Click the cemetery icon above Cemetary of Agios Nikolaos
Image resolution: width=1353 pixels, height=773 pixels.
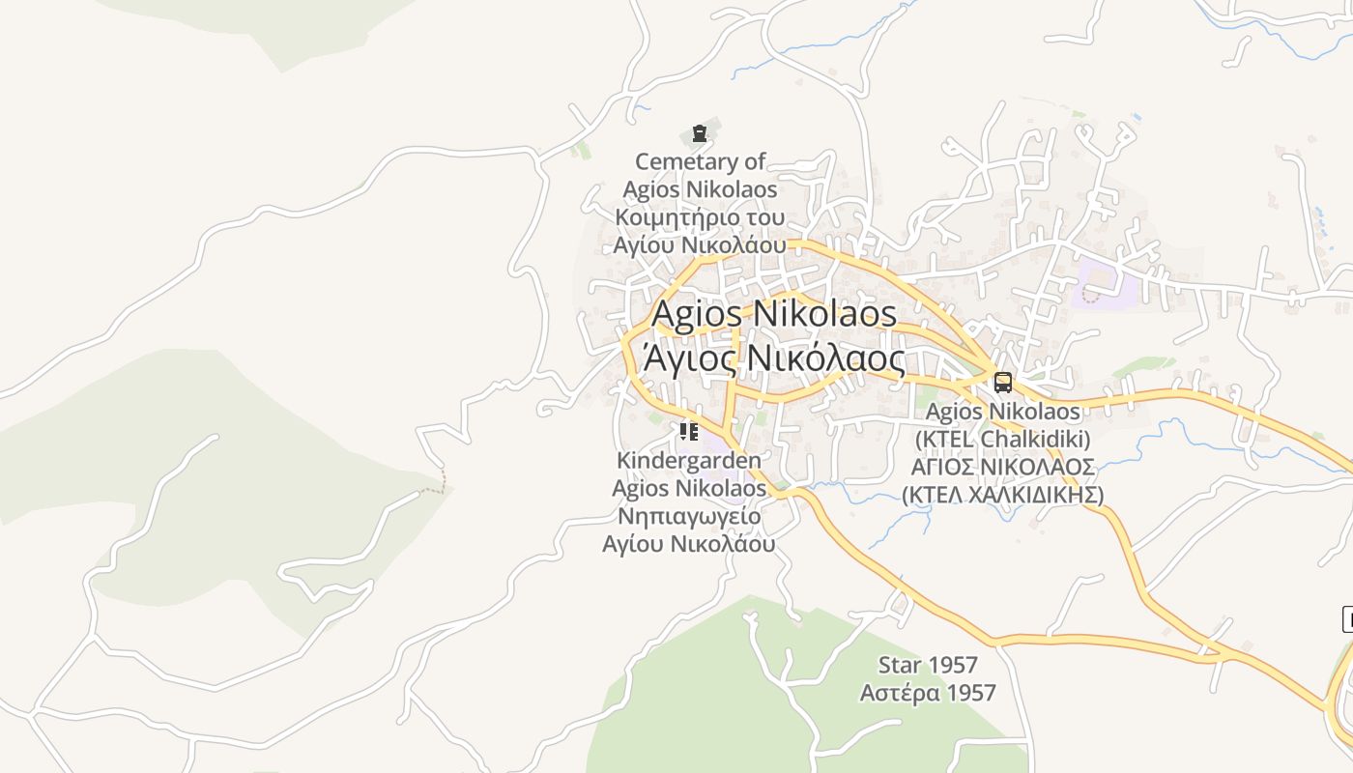(699, 133)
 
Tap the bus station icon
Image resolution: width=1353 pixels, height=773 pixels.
(1003, 382)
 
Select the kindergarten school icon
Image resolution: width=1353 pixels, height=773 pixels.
(688, 431)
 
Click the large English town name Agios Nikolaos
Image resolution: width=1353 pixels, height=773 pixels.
(774, 314)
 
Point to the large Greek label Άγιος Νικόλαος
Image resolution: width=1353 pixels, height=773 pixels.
(778, 359)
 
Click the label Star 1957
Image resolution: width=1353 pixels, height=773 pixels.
(928, 665)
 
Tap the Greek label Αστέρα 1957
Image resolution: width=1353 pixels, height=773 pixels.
(928, 693)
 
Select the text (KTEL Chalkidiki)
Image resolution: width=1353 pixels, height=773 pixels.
(1003, 439)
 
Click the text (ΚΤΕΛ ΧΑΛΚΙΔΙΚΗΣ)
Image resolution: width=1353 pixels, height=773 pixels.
(1003, 495)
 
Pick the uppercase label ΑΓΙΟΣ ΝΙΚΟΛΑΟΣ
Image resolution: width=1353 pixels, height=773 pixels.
(1003, 468)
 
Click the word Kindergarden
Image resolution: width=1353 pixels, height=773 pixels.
(689, 461)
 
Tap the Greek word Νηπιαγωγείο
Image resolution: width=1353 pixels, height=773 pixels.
(689, 516)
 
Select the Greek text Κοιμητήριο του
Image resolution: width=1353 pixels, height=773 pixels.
(701, 216)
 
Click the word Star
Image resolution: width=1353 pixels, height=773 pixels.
(900, 665)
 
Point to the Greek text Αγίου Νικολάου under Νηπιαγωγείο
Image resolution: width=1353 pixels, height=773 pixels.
(689, 543)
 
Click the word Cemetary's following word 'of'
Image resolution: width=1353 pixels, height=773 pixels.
(755, 161)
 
